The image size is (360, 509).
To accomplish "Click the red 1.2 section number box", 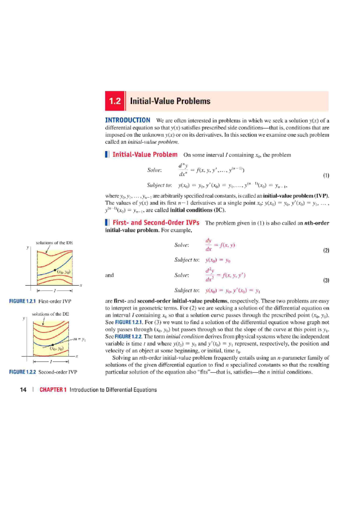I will (115, 101).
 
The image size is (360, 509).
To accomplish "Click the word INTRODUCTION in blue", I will (127, 120).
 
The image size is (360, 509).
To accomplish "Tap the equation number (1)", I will (326, 175).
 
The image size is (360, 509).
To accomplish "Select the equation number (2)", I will (326, 250).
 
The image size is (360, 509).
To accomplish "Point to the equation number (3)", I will (326, 280).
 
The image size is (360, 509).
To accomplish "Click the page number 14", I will (23, 390).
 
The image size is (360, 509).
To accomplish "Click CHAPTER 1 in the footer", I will (53, 390).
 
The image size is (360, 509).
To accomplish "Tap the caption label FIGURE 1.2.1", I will (22, 301).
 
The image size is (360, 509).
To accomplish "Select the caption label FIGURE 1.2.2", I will (22, 372).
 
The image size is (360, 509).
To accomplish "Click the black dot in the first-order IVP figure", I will (55, 270).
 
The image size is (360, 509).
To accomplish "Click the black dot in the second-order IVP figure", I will (53, 345).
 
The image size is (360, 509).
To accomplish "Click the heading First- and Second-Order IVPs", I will (156, 223).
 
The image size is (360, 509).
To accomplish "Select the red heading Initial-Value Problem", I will (145, 155).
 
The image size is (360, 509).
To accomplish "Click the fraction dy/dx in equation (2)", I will (208, 245).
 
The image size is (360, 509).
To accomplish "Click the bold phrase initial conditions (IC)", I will (197, 210).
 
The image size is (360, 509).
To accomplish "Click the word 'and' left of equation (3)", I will (109, 275).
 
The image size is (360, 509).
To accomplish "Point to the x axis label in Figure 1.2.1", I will (81, 285).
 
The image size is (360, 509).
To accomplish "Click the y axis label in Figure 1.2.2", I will (24, 318).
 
